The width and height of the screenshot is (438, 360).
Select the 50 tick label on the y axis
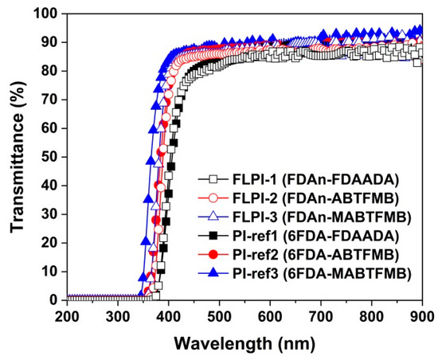(49, 157)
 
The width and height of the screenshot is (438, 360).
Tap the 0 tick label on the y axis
(53, 300)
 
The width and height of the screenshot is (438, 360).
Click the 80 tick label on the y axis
(49, 72)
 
